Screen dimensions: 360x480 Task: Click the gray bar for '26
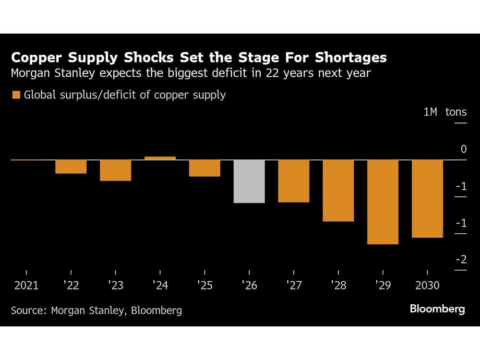(x=249, y=181)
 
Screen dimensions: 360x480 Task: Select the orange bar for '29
(x=383, y=202)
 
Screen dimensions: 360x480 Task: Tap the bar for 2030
(x=427, y=198)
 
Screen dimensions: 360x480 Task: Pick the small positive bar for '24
(x=160, y=158)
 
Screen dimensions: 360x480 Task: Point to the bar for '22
(x=71, y=166)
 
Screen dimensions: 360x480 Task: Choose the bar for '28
(x=338, y=190)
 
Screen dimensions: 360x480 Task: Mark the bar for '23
(x=116, y=170)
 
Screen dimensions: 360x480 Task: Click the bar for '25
(x=204, y=168)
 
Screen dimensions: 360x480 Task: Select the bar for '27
(x=294, y=180)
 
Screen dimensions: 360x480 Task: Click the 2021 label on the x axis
(x=26, y=286)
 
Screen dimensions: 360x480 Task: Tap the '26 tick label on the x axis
(x=249, y=286)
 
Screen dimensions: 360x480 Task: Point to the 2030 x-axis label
(x=427, y=286)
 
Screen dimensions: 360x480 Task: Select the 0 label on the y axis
(x=463, y=149)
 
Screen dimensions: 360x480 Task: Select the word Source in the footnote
(x=26, y=311)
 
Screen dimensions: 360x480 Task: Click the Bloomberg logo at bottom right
(x=437, y=309)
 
